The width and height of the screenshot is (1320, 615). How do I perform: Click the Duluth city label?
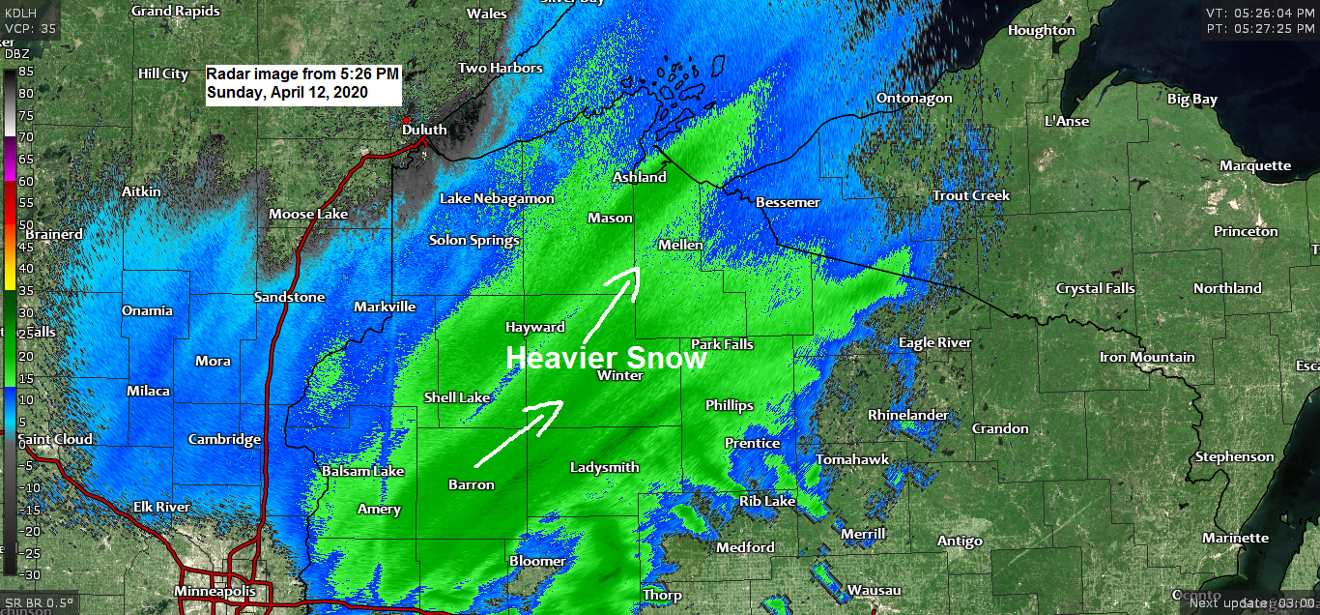pos(424,130)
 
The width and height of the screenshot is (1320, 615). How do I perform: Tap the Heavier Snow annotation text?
pos(606,358)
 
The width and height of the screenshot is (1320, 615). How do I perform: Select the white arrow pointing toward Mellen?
pos(612,301)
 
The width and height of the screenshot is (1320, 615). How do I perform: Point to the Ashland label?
pos(639,177)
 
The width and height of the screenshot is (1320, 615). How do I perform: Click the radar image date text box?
pos(302,84)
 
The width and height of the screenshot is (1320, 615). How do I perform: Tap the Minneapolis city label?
pos(215,591)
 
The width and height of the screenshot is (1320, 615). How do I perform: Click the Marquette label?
pos(1254,165)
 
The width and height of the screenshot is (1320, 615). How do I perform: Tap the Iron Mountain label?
pos(1147,358)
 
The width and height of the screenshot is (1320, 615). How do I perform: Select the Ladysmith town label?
pos(604,467)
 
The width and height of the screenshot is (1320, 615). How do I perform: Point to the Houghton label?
pos(1041,30)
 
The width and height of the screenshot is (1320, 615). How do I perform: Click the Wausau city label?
pos(874,590)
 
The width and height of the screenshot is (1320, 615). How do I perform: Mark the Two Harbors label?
pos(500,69)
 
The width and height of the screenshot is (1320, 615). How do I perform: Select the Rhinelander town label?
pos(907,415)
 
